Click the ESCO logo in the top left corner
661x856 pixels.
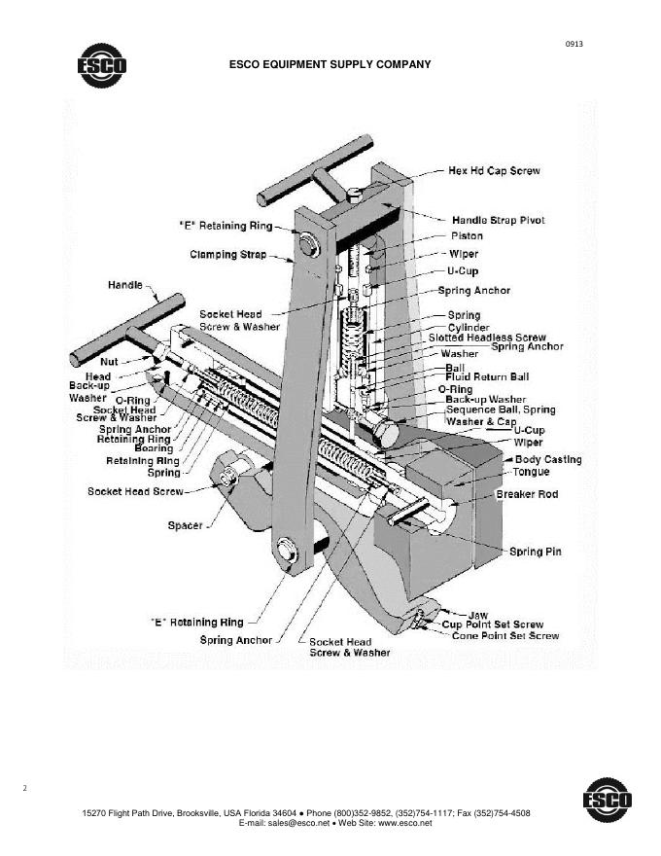click(x=101, y=65)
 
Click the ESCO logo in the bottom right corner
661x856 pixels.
click(x=607, y=801)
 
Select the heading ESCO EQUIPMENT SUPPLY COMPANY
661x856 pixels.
click(x=330, y=65)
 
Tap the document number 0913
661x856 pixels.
click(x=574, y=45)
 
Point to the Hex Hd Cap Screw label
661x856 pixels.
click(x=493, y=171)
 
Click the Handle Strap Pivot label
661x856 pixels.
click(x=499, y=220)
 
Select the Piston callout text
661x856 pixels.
click(x=467, y=236)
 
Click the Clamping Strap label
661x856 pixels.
click(x=226, y=255)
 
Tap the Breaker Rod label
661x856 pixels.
click(x=527, y=494)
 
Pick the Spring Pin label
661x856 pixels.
click(x=536, y=552)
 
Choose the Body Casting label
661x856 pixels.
click(x=548, y=459)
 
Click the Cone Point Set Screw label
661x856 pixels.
click(x=505, y=635)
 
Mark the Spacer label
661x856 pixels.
click(x=186, y=525)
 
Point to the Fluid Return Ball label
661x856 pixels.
click(x=487, y=376)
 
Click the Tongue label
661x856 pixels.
click(x=531, y=472)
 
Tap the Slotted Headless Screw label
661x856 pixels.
click(x=487, y=338)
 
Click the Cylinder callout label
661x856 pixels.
click(x=469, y=328)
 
